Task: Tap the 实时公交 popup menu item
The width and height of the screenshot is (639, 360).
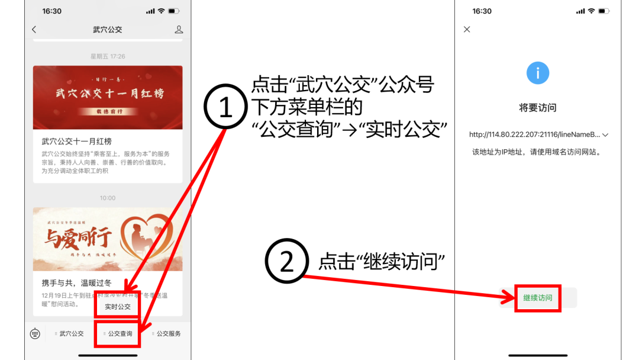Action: (x=118, y=307)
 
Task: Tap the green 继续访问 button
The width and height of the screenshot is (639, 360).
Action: (x=537, y=298)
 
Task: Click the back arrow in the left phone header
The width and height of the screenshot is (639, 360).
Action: (x=34, y=30)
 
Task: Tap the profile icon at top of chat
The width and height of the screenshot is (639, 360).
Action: (x=179, y=30)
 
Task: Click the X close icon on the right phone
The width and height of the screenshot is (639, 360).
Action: (x=467, y=30)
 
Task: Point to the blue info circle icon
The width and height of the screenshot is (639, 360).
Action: (x=537, y=73)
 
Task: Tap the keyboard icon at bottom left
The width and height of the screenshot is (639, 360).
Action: (x=35, y=334)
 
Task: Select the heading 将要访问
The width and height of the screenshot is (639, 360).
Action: (x=537, y=108)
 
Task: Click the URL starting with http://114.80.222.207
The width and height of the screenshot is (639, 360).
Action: (x=534, y=134)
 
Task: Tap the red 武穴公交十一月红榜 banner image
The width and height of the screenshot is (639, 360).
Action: (x=108, y=97)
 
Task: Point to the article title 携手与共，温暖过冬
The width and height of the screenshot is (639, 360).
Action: (x=76, y=283)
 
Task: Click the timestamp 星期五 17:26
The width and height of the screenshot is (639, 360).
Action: (x=108, y=56)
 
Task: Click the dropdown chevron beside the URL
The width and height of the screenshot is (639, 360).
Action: (x=605, y=135)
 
